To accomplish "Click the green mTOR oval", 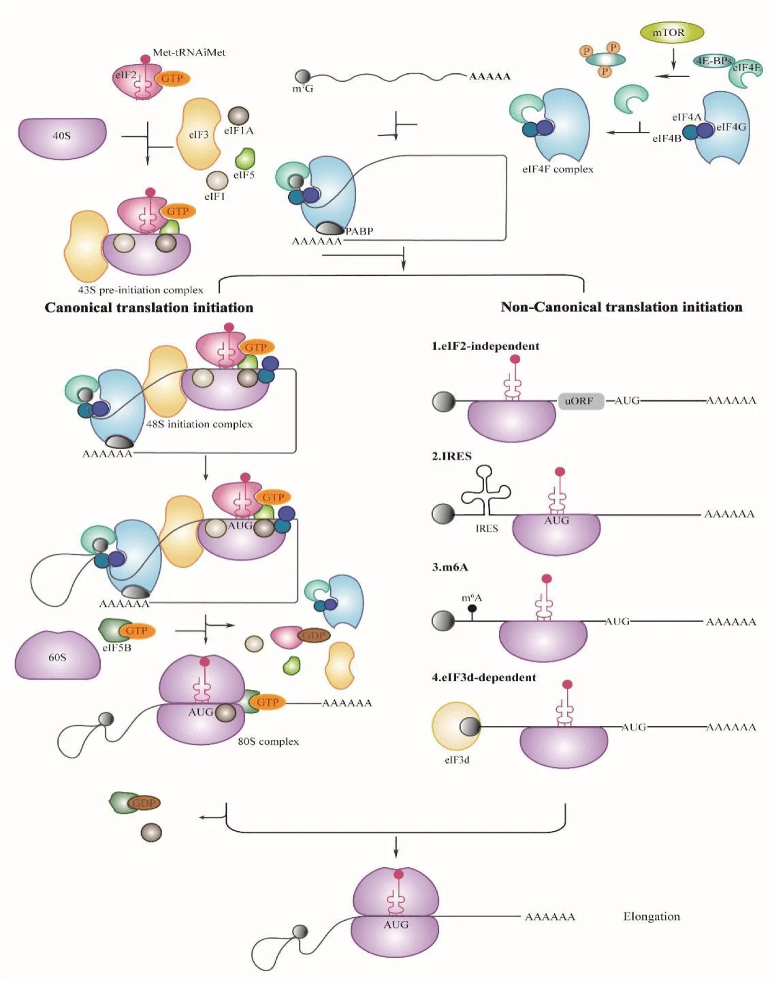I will point(672,33).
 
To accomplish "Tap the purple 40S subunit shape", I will point(62,137).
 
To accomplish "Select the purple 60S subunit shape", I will point(57,656).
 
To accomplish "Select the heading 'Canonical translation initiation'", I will point(149,308).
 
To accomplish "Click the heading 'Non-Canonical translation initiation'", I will point(621,307).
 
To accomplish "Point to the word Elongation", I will point(651,916).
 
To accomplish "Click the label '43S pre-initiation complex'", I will point(141,290).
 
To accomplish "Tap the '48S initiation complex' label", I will point(199,424).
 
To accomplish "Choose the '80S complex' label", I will point(268,742).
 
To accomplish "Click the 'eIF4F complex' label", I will point(557,169).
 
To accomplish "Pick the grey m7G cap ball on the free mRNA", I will point(303,76).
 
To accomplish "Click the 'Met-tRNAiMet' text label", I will point(188,52).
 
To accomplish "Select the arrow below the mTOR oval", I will point(673,59).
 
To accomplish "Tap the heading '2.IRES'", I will point(451,456).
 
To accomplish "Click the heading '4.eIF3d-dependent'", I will point(484,678).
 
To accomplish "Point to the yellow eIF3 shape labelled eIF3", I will point(199,134).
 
